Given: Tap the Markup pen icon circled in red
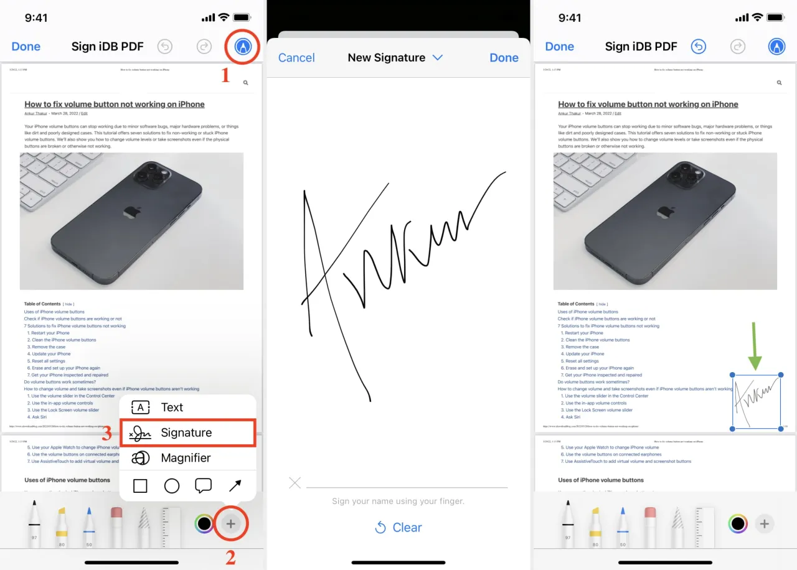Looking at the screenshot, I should coord(243,46).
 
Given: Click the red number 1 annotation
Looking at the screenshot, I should coord(225,76).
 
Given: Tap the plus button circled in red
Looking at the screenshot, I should coord(230,524).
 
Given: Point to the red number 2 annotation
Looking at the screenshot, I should coord(230,558).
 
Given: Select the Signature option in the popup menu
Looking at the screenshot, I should coord(187,432).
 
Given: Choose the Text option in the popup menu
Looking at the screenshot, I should coord(172,408).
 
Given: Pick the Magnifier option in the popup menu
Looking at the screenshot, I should coord(186,458).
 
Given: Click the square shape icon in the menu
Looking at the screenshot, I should coord(141,486).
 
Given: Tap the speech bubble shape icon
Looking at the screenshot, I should coord(203,486).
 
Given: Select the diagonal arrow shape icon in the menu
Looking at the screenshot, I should coord(235,486).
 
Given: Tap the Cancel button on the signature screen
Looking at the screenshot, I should coord(296,58).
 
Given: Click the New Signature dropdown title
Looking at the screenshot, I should coord(395,58).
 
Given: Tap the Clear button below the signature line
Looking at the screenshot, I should coord(398,528).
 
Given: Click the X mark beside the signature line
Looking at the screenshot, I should coord(295,483).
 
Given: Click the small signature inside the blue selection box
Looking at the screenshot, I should coord(756,401).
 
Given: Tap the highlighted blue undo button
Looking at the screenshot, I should coord(699,47).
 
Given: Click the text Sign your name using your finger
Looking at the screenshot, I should coord(398,501).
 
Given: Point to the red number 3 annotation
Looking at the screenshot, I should coord(106,434).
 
